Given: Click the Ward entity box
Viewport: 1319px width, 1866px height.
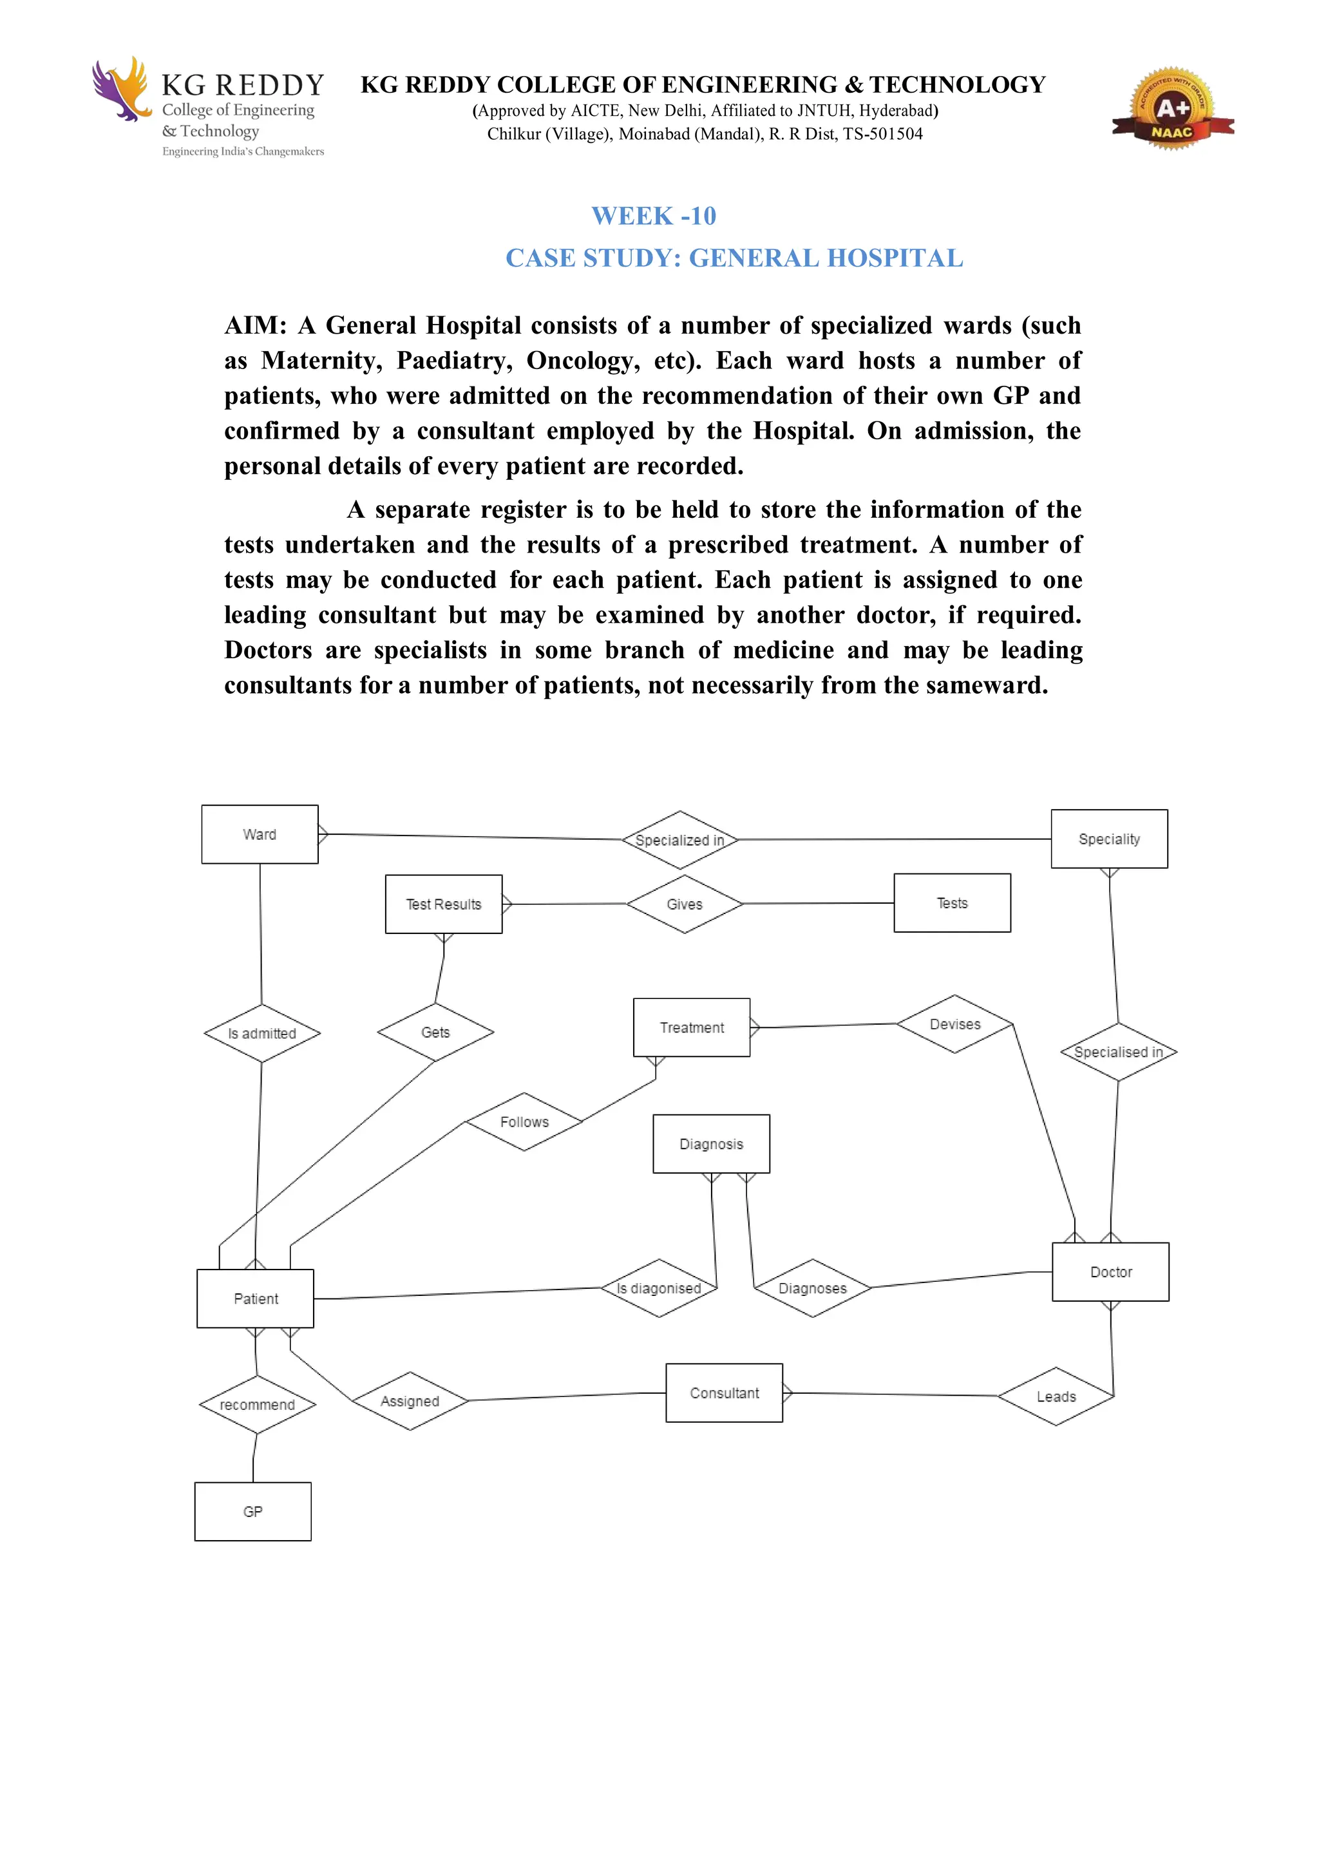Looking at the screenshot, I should [260, 834].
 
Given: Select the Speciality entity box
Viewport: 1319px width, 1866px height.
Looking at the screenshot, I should [1108, 839].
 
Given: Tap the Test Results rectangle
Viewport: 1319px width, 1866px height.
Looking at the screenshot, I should [443, 904].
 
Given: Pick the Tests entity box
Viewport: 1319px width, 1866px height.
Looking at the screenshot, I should [952, 903].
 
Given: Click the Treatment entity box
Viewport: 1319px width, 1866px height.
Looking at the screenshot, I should [691, 1027].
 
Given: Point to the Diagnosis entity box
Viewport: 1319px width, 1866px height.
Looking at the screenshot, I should [711, 1143].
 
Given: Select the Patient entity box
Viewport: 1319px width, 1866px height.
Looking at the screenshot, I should [255, 1299].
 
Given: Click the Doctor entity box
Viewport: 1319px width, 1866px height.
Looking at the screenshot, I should [1110, 1272].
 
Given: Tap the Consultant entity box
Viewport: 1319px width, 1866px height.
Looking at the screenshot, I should [723, 1393].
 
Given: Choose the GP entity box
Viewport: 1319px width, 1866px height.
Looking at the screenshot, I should [252, 1512].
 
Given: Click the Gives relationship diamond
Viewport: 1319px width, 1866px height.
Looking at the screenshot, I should [684, 904].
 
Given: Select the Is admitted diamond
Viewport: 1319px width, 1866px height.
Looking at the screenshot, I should [261, 1033].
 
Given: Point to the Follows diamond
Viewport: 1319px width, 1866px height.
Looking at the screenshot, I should [524, 1121].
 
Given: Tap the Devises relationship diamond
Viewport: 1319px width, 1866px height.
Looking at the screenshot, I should [955, 1024].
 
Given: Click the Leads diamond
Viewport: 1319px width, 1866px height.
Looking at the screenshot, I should [1056, 1396].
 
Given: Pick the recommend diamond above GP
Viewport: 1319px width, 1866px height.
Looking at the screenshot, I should [257, 1404].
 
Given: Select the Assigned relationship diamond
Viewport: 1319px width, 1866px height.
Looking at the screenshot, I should [410, 1401].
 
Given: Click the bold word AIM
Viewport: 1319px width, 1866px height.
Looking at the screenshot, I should [255, 325].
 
